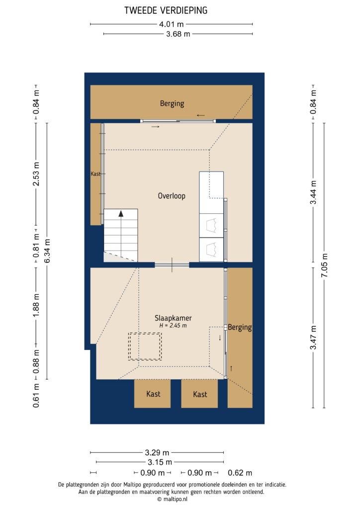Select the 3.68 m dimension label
179,34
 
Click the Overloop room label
172,196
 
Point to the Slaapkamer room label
173,318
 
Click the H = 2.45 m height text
173,326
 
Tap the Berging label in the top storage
172,103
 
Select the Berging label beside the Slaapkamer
241,328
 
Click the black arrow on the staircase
121,214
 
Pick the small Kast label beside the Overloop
95,174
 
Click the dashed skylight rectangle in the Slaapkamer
145,346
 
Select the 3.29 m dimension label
157,452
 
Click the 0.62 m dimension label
240,473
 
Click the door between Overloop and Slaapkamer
172,265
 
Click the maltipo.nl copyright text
172,499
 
